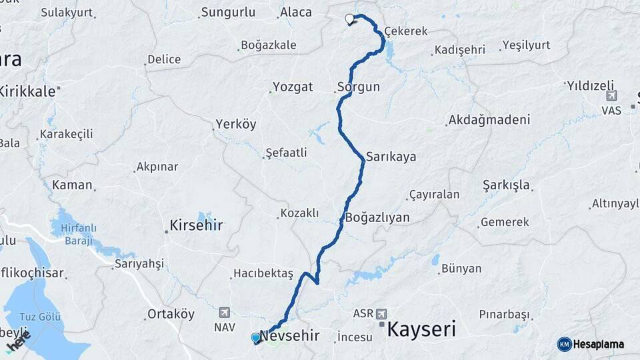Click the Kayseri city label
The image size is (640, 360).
click(421, 329)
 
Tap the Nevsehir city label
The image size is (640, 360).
click(290, 336)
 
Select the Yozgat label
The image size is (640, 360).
click(292, 87)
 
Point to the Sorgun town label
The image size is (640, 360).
click(358, 87)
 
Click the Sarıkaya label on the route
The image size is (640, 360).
click(391, 157)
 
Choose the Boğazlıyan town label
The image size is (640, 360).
click(378, 218)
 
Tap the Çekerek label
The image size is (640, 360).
click(405, 31)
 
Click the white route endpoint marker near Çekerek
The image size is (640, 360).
click(349, 19)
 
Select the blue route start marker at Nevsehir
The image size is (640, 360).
click(255, 338)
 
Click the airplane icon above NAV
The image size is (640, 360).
click(223, 312)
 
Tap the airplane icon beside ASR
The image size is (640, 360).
click(381, 313)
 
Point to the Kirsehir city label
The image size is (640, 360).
click(196, 225)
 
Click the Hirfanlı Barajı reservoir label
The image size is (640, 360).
click(79, 234)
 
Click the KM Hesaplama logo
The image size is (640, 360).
click(591, 344)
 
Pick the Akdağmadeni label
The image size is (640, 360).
click(489, 120)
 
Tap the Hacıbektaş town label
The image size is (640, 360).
click(263, 274)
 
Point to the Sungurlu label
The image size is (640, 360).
click(228, 12)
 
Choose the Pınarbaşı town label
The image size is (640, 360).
click(504, 314)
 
